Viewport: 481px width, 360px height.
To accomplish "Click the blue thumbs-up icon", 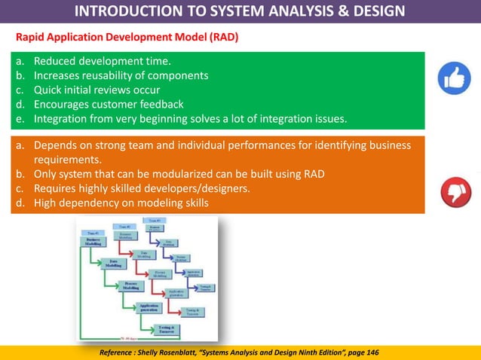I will [455, 78].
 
